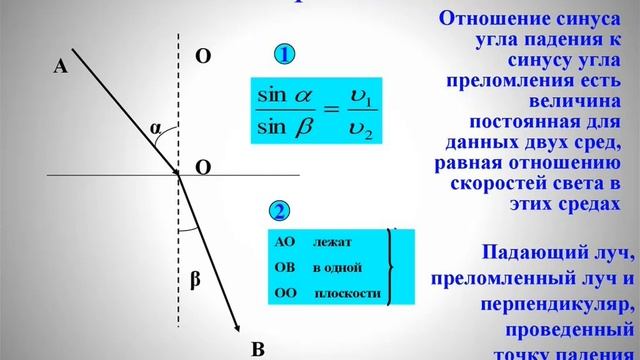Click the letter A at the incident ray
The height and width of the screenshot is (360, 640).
(x=60, y=66)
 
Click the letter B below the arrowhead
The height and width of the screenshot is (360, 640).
(x=257, y=349)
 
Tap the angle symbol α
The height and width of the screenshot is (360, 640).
(x=156, y=128)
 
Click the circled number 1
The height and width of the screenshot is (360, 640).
(x=284, y=56)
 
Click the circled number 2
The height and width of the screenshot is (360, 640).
(x=281, y=211)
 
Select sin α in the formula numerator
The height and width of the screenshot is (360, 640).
(x=285, y=97)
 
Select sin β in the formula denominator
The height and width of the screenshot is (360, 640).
(x=285, y=128)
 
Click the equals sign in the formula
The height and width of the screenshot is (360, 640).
(x=326, y=112)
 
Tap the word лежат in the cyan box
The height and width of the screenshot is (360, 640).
(x=333, y=243)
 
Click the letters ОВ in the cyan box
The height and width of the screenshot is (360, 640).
(x=284, y=268)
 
